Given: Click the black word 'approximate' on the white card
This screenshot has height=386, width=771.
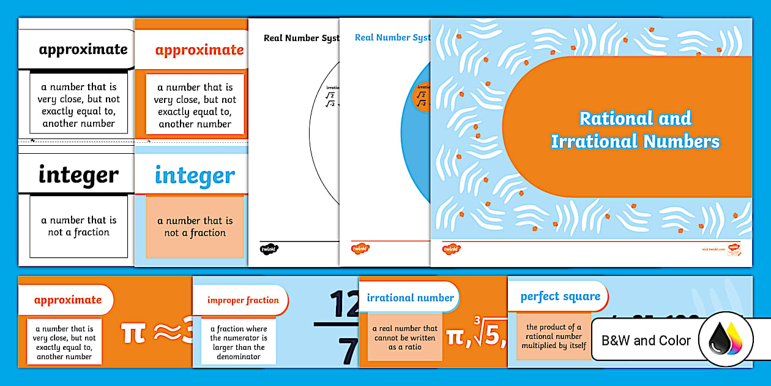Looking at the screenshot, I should click(x=83, y=50).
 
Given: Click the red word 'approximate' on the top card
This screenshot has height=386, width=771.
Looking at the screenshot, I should click(x=199, y=50).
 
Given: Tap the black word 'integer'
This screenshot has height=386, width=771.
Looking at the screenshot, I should click(x=78, y=175).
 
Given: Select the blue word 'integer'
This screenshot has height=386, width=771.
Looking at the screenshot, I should click(x=195, y=176).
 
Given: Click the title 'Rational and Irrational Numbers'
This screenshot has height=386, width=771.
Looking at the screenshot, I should click(x=635, y=129).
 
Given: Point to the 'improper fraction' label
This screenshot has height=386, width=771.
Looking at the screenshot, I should click(x=243, y=300).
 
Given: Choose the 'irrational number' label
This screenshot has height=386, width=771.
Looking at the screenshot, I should click(x=411, y=298).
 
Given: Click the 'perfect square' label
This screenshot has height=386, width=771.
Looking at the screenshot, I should click(x=560, y=297).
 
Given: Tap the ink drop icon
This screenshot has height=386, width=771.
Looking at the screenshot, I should click(x=725, y=339).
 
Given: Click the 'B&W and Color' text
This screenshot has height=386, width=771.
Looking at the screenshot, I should click(x=646, y=341).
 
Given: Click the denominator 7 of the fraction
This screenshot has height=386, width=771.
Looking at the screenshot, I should click(x=348, y=351).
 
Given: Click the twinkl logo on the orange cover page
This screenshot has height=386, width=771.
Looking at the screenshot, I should click(x=452, y=249).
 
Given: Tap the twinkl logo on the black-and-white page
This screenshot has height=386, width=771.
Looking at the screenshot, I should click(x=269, y=249).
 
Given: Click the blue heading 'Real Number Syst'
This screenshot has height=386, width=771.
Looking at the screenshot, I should click(x=392, y=38).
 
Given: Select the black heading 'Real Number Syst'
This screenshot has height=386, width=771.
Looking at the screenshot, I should click(x=300, y=38).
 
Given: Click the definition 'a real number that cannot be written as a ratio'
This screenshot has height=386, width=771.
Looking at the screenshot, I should click(x=404, y=338).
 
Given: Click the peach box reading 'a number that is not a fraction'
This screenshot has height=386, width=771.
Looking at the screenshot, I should click(x=195, y=227).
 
